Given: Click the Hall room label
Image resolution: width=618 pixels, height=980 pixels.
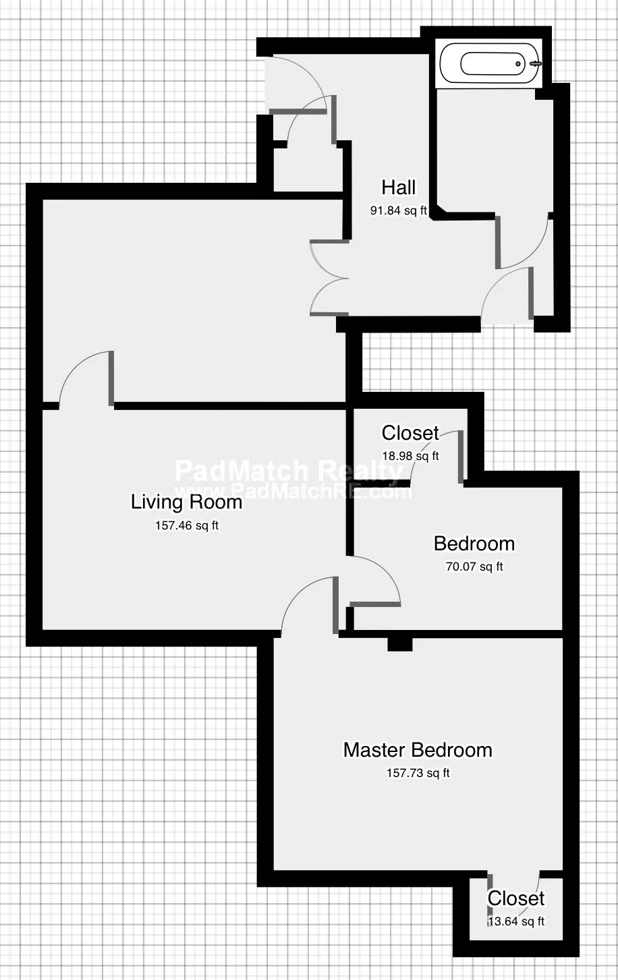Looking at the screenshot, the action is point(398,188).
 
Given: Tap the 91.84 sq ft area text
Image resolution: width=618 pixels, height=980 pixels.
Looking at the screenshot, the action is point(398,210).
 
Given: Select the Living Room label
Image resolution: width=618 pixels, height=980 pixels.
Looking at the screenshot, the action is point(186,502).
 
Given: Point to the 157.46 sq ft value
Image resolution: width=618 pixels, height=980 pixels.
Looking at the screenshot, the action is point(186,525).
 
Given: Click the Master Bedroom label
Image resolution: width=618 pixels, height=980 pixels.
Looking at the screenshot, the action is point(418,750).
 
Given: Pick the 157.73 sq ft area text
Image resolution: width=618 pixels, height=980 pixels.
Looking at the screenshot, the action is point(418,773).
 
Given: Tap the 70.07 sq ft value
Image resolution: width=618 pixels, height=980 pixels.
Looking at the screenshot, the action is point(474,567).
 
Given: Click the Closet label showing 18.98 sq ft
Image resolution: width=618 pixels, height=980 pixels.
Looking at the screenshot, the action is point(410,433).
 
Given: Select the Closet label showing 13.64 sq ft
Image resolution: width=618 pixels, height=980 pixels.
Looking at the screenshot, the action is point(516,898).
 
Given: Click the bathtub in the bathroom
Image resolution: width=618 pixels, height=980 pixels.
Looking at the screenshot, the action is point(491,64).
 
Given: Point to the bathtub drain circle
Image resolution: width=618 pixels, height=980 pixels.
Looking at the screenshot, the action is point(518,64).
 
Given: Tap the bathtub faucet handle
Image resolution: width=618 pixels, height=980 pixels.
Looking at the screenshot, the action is point(536,64).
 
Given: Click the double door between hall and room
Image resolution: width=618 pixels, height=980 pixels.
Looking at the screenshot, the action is point(329,278).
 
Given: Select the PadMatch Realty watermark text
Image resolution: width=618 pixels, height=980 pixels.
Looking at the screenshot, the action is point(289,471).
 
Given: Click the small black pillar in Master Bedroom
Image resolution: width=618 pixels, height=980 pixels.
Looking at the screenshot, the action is point(400,644).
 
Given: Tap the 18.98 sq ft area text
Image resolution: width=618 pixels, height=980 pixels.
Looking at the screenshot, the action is point(411,456).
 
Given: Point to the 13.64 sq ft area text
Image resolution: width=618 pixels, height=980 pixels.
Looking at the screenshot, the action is point(516,921).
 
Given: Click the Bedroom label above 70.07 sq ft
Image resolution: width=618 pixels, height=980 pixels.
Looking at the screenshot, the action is point(474,544).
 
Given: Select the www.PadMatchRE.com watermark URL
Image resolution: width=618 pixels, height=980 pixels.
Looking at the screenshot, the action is point(293,492).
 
